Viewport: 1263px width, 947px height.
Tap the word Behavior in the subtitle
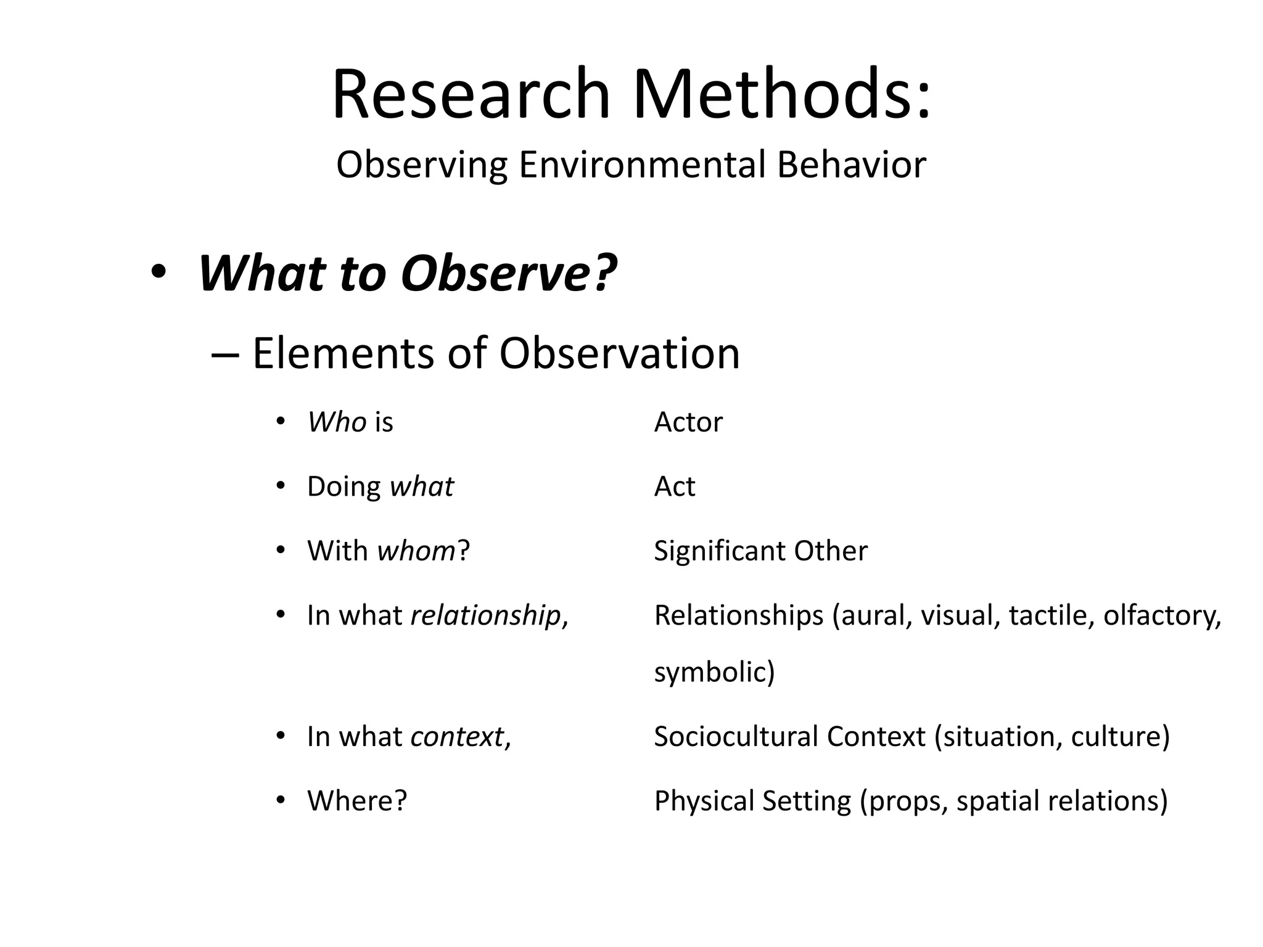pos(851,165)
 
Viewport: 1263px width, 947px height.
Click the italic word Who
pos(337,422)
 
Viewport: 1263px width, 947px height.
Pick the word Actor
pos(688,422)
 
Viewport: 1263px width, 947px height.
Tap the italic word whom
pos(416,551)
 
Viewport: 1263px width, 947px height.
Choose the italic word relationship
pos(485,615)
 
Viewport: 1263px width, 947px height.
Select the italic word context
pos(457,737)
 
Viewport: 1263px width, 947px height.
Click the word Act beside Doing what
pos(674,486)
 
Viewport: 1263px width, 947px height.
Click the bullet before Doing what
pos(281,486)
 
